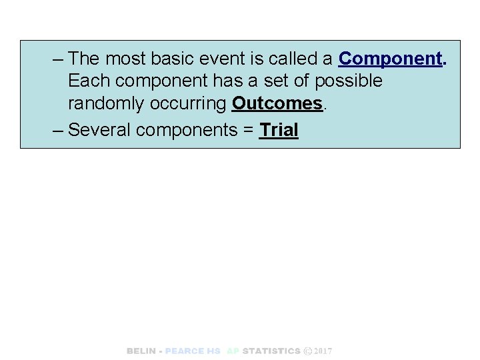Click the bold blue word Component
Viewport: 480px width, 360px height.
(x=390, y=59)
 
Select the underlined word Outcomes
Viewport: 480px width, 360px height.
(x=277, y=104)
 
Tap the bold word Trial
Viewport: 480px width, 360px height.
(x=279, y=129)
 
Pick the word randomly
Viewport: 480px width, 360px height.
(x=106, y=104)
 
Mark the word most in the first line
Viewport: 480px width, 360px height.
(x=127, y=59)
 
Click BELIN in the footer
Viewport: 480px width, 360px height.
(x=141, y=351)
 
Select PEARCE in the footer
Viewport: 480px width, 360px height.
(x=185, y=351)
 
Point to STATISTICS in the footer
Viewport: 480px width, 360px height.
(x=271, y=351)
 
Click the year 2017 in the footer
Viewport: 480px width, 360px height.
(x=323, y=351)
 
